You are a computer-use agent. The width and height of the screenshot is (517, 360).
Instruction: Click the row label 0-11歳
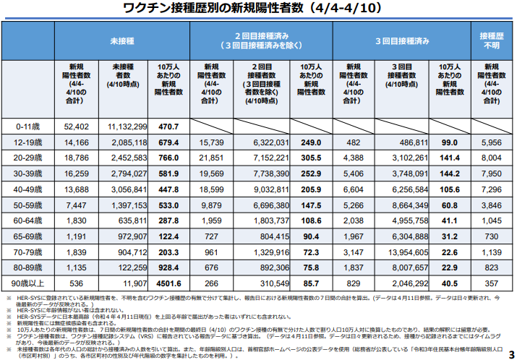point(31,127)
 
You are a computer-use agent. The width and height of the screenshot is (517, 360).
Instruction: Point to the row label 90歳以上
point(31,283)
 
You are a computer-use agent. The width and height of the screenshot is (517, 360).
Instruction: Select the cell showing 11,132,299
point(128,127)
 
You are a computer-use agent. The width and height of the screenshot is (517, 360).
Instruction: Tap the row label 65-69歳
point(31,236)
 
